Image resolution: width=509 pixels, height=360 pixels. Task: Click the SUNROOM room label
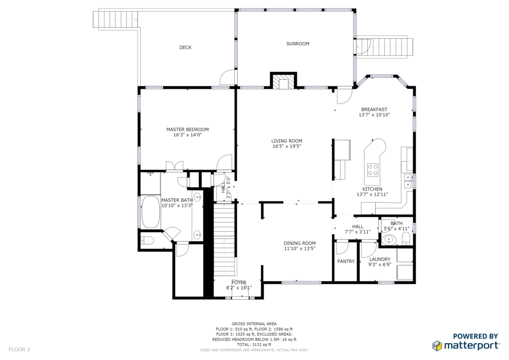tap(298, 44)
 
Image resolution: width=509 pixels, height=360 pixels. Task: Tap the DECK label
tap(185, 48)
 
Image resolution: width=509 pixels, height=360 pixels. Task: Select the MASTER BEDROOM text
tap(187, 129)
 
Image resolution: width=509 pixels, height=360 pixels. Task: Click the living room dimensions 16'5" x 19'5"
tap(287, 146)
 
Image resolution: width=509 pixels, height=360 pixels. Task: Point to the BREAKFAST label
tap(374, 110)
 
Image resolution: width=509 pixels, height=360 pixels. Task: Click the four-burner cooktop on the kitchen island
tap(373, 170)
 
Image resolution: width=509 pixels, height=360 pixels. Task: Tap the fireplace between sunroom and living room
tap(284, 81)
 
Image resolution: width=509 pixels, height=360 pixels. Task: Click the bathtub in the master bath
tap(151, 212)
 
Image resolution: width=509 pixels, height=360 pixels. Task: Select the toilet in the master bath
tap(147, 241)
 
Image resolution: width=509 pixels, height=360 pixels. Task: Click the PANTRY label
tap(346, 262)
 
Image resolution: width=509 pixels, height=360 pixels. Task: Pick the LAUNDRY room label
tap(380, 260)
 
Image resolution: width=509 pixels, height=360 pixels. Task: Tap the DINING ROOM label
tap(300, 244)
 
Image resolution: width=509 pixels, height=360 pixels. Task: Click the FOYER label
tap(239, 283)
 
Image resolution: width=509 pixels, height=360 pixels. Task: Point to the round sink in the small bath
tap(389, 240)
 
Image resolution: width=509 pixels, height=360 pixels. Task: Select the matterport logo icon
tap(437, 346)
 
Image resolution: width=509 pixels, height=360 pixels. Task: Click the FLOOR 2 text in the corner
tap(19, 350)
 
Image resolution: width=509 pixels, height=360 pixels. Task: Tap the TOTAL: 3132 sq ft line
tap(254, 345)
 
